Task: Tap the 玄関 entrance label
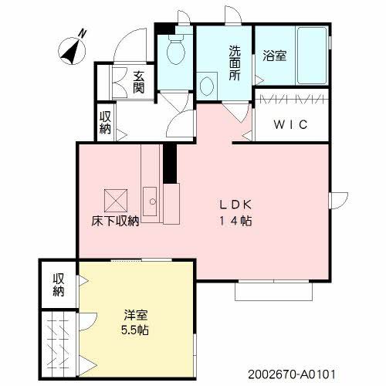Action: click(x=139, y=83)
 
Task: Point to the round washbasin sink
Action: click(x=208, y=85)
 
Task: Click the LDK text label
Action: click(x=238, y=205)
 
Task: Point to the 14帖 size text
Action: click(x=238, y=221)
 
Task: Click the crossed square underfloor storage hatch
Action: click(x=117, y=199)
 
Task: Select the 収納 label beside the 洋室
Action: click(x=59, y=285)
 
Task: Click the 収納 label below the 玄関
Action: click(x=105, y=124)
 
